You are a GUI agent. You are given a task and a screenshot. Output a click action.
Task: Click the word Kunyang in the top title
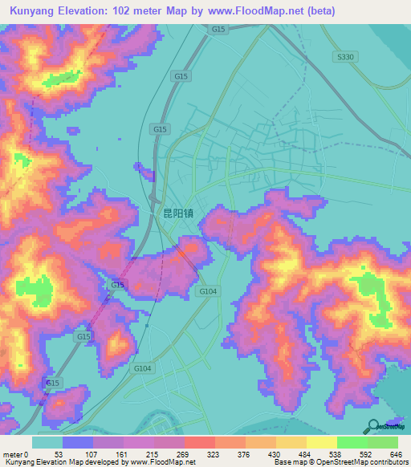33,11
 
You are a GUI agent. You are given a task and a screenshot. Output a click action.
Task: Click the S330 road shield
345,57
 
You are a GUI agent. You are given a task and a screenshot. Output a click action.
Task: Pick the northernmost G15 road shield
218,29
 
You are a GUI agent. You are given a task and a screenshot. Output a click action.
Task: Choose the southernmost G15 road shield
53,384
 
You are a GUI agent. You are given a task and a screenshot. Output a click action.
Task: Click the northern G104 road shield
208,291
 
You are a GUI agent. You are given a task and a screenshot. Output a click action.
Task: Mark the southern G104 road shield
142,368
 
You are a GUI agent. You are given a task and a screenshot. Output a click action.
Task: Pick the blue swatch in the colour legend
78,442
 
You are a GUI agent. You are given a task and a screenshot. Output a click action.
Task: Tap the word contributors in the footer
388,461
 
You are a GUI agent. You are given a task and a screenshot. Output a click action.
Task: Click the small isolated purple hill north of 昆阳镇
145,170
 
